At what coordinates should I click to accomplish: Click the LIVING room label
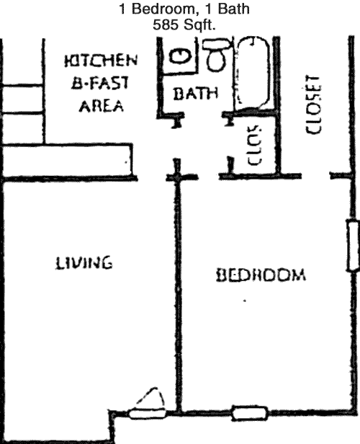pos(84,263)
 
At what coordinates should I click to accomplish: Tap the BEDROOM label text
pos(261,275)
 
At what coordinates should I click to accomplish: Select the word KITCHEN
pos(101,61)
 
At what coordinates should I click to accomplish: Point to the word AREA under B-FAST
pos(101,106)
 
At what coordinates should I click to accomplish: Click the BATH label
pos(195,94)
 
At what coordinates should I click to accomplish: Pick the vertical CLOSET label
pos(313,105)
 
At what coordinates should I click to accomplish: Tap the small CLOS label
pos(254,145)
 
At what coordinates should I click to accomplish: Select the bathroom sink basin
pos(180,55)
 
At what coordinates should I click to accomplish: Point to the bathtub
pos(253,74)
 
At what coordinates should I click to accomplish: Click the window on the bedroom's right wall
pos(354,246)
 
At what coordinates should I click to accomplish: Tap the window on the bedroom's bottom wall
pos(250,414)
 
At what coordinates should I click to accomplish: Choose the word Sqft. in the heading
pos(199,25)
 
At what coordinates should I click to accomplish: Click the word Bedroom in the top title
pos(163,9)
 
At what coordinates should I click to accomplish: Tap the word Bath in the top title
pos(233,9)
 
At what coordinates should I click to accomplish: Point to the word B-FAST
pos(100,83)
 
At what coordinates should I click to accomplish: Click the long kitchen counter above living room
pos(68,160)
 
